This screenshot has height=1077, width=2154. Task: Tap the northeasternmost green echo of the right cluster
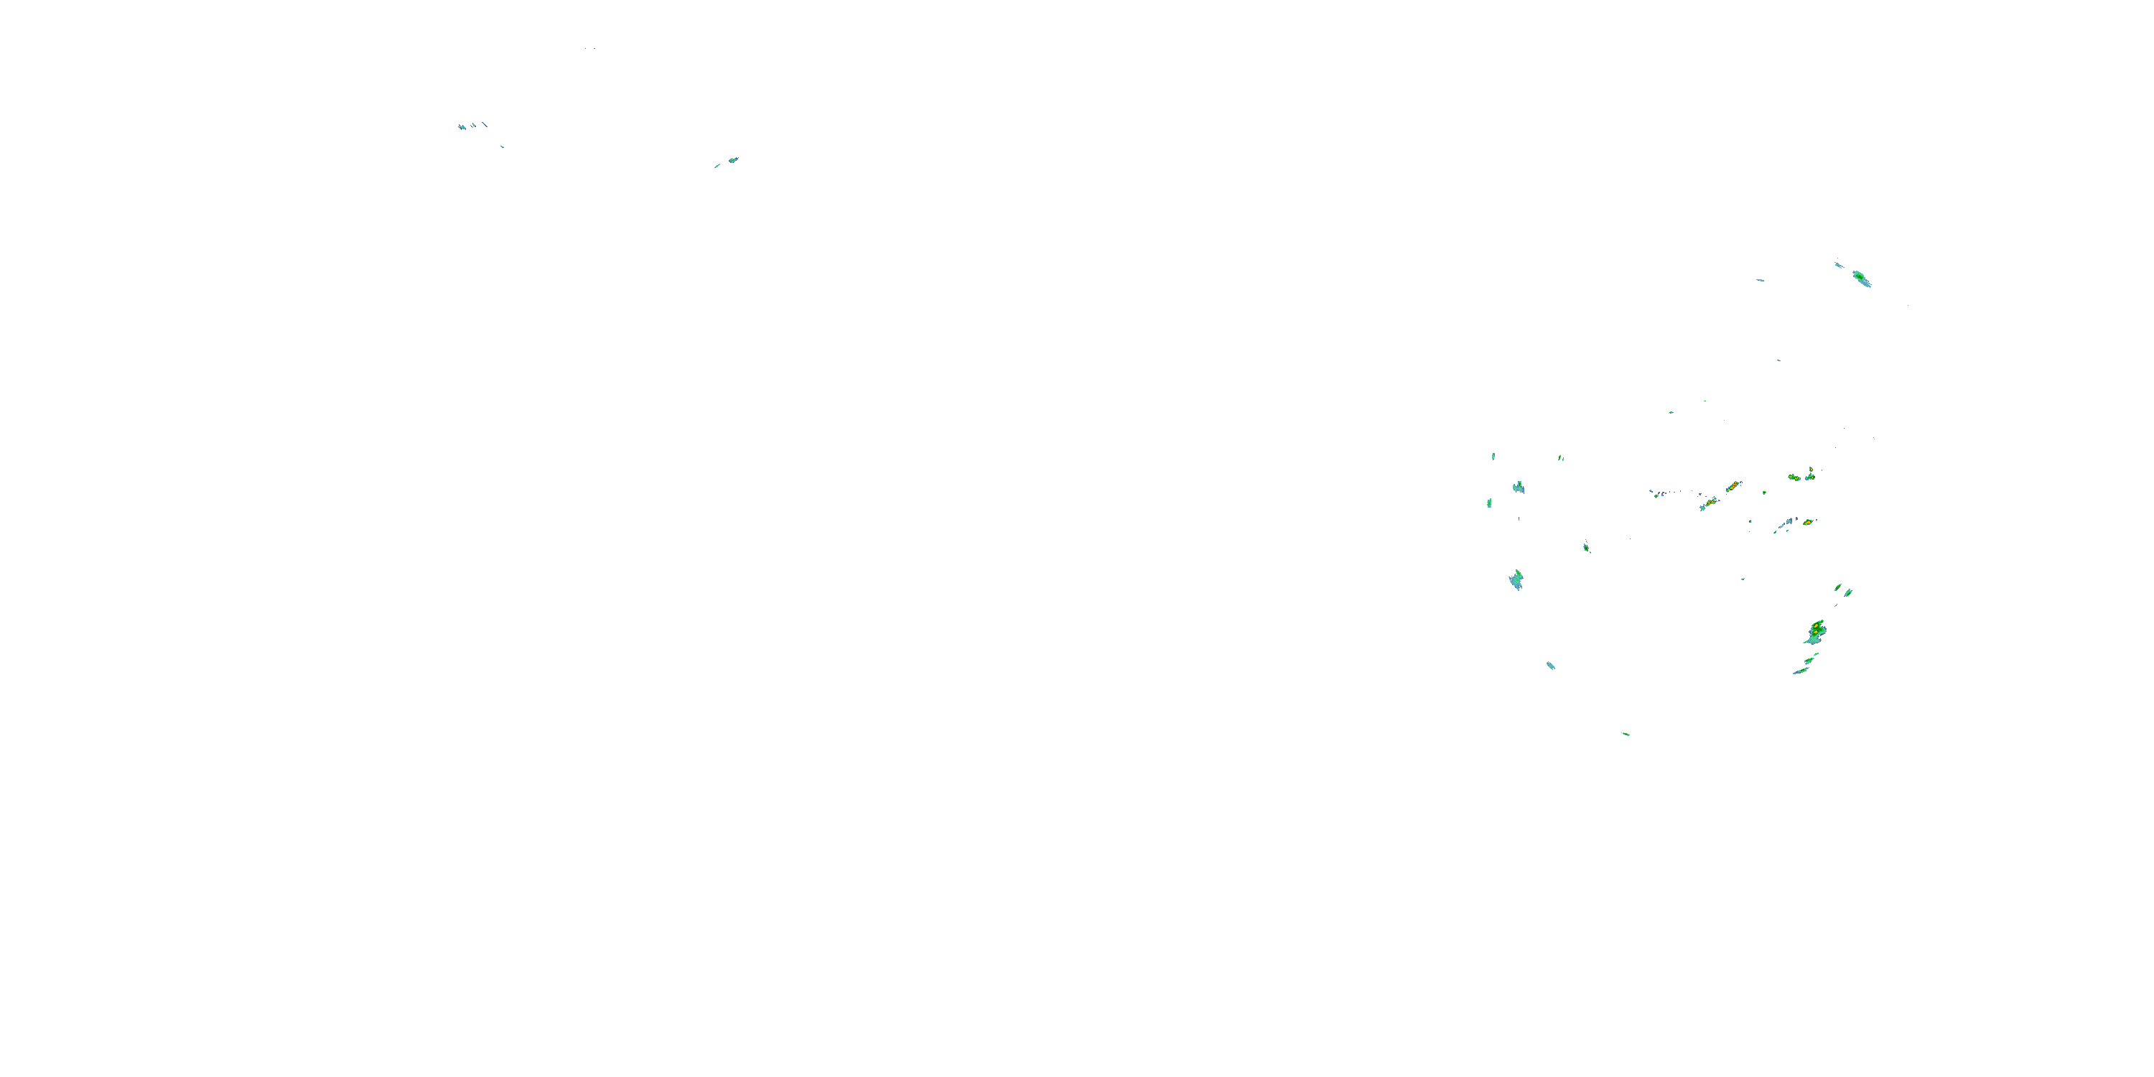[x=1860, y=278]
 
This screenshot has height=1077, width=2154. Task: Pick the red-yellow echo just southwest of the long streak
[x=1709, y=503]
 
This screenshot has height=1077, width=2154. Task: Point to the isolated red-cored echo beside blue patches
[x=1808, y=522]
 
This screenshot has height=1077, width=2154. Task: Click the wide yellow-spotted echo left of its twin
[x=1794, y=477]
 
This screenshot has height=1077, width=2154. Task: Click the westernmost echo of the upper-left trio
[x=462, y=127]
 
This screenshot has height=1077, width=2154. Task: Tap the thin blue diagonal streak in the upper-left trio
[x=484, y=125]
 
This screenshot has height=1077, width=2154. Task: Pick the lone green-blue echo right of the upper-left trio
[x=732, y=159]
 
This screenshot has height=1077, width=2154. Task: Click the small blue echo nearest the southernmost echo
[x=1550, y=666]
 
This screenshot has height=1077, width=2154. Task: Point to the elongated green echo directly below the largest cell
[x=1809, y=661]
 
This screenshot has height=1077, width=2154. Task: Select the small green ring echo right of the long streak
[x=1764, y=493]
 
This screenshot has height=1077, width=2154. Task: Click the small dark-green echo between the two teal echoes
[x=1586, y=547]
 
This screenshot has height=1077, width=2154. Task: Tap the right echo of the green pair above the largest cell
[x=1848, y=592]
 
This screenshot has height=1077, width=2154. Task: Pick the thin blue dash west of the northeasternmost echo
[x=1760, y=280]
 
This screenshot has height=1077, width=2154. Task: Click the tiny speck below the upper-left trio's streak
[x=502, y=146]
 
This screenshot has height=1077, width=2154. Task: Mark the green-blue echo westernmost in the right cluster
[x=1489, y=503]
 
